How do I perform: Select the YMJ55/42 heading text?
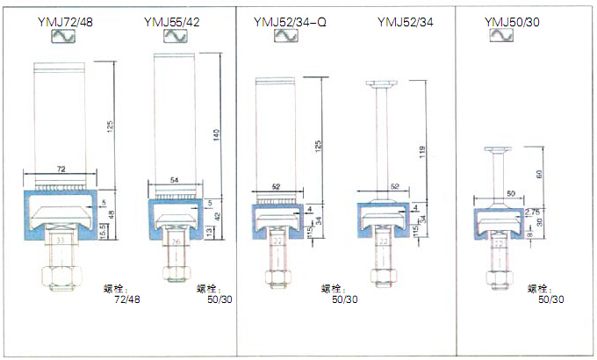(x=171, y=20)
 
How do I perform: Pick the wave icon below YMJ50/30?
(x=500, y=36)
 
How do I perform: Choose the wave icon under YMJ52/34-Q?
(x=284, y=36)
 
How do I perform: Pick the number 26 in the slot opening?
(x=175, y=240)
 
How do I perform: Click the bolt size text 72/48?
(x=127, y=299)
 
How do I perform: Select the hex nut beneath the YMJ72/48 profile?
(x=59, y=277)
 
